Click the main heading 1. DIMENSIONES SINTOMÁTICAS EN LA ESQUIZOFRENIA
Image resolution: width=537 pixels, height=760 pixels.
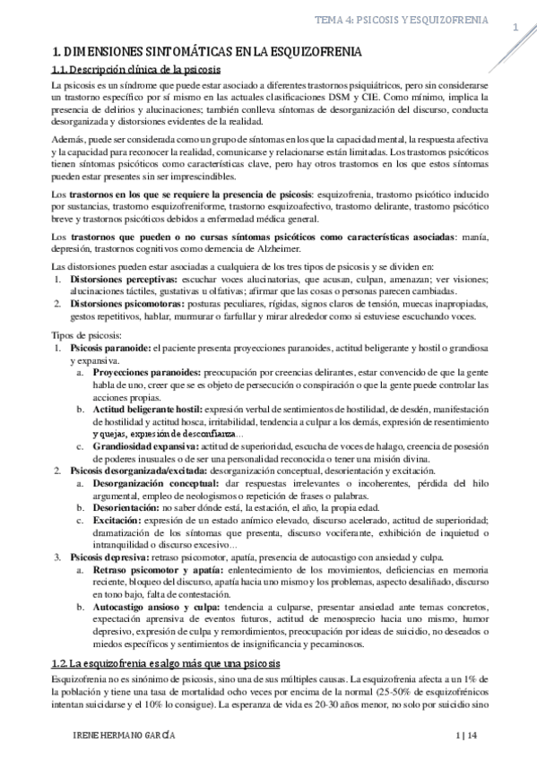[x=208, y=54]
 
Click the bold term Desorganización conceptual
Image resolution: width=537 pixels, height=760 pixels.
[x=153, y=482]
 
